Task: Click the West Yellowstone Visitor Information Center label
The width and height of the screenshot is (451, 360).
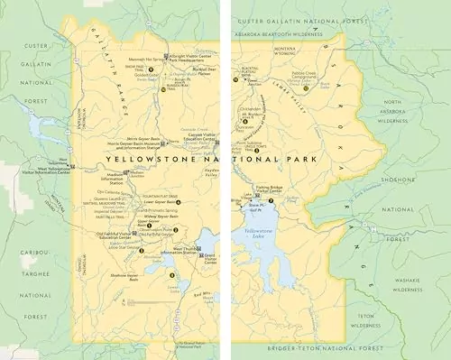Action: click(56, 168)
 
